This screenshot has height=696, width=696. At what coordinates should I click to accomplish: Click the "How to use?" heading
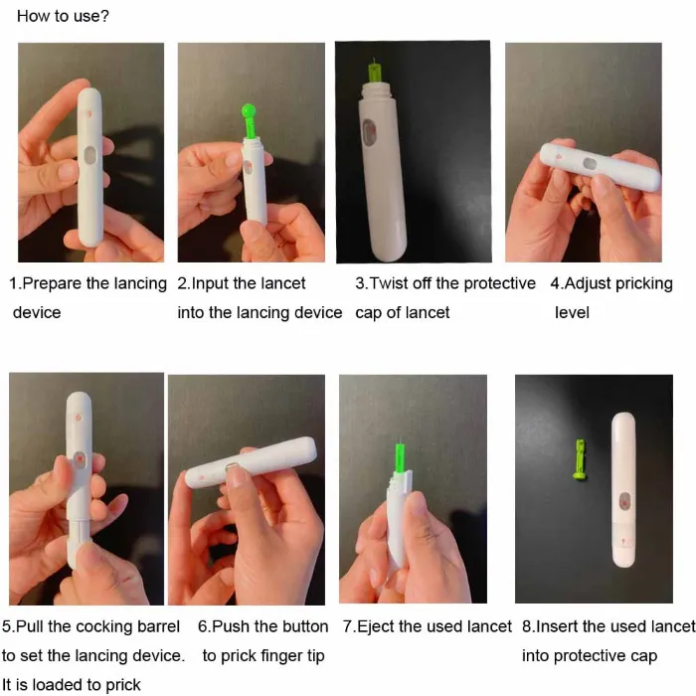[x=63, y=17]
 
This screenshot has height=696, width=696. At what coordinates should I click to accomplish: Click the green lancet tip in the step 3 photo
[x=374, y=73]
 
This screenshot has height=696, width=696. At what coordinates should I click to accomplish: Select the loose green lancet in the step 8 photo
[x=581, y=461]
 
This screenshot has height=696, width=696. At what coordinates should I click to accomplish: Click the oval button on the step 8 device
[x=623, y=500]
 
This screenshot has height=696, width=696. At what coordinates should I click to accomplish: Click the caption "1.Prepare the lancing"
[x=87, y=283]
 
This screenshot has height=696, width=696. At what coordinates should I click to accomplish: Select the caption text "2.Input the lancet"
[x=242, y=283]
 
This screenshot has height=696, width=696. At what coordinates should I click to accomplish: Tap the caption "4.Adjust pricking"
[x=611, y=283]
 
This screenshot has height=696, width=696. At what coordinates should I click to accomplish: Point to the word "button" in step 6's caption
[x=303, y=626]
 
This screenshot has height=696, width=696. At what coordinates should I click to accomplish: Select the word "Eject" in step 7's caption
[x=377, y=626]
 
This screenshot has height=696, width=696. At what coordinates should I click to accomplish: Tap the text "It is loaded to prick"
[x=72, y=683]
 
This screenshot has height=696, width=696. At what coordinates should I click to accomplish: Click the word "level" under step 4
[x=572, y=312]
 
